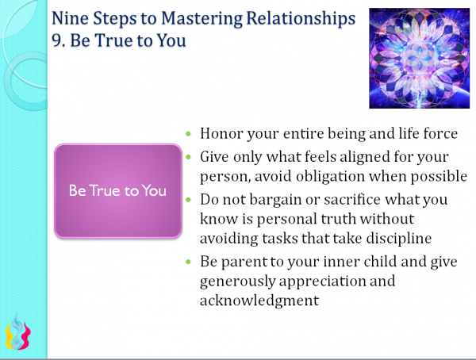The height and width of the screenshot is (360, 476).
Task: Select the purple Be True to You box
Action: (117, 192)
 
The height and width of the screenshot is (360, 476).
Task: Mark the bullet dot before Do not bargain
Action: (187, 197)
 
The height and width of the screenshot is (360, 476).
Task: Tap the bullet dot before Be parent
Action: (187, 262)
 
